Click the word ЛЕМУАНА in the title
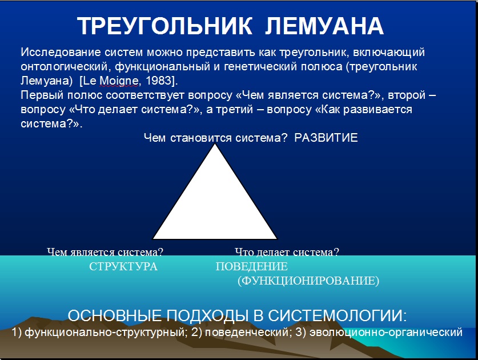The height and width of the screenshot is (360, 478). [324, 26]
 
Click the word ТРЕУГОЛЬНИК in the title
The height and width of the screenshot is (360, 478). [164, 26]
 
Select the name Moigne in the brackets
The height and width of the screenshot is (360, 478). [119, 81]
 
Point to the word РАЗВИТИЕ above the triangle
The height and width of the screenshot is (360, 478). [326, 138]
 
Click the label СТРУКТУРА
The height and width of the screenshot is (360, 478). [123, 266]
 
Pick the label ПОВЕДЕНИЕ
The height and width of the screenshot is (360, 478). [251, 266]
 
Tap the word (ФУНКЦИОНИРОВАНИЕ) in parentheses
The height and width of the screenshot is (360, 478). [308, 281]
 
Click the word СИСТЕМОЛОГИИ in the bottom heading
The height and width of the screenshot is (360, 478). [338, 315]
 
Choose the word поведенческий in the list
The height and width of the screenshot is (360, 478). [247, 332]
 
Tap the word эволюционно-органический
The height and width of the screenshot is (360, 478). [386, 332]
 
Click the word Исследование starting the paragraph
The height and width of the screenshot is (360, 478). [61, 52]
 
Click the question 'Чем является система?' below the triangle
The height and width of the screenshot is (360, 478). [105, 252]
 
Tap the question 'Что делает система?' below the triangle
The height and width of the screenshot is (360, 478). [287, 252]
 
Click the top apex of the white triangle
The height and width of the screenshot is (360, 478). [215, 144]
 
